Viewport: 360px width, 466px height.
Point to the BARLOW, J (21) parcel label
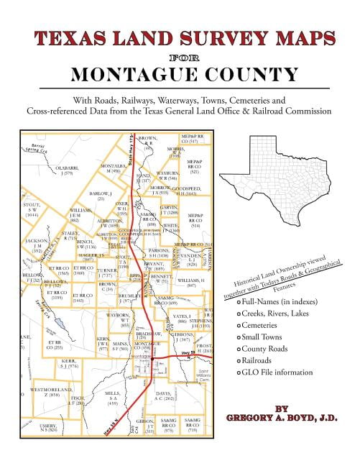(x=100, y=196)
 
